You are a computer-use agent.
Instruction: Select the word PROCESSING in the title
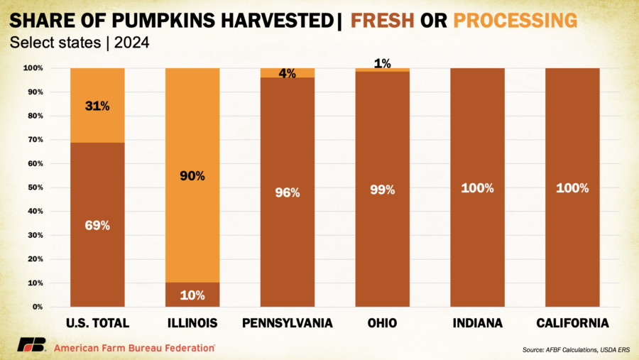pyautogui.click(x=515, y=20)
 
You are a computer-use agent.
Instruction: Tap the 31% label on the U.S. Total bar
pyautogui.click(x=98, y=106)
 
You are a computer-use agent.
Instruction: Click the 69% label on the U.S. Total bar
pyautogui.click(x=98, y=225)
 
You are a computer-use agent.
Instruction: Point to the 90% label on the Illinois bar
pyautogui.click(x=192, y=175)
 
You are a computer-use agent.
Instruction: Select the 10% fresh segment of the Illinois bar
pyautogui.click(x=192, y=295)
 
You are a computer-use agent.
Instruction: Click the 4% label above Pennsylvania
pyautogui.click(x=288, y=73)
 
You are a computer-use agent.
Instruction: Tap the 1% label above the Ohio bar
pyautogui.click(x=382, y=63)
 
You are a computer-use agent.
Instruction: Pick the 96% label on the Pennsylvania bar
pyautogui.click(x=288, y=192)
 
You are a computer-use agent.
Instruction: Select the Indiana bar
pyautogui.click(x=477, y=187)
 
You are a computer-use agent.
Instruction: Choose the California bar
pyautogui.click(x=572, y=187)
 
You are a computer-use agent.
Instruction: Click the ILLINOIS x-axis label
pyautogui.click(x=192, y=323)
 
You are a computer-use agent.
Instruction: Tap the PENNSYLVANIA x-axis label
pyautogui.click(x=288, y=323)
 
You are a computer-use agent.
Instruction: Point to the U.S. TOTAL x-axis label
pyautogui.click(x=98, y=323)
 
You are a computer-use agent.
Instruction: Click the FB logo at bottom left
pyautogui.click(x=31, y=346)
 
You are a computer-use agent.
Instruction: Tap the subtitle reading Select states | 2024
pyautogui.click(x=80, y=43)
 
